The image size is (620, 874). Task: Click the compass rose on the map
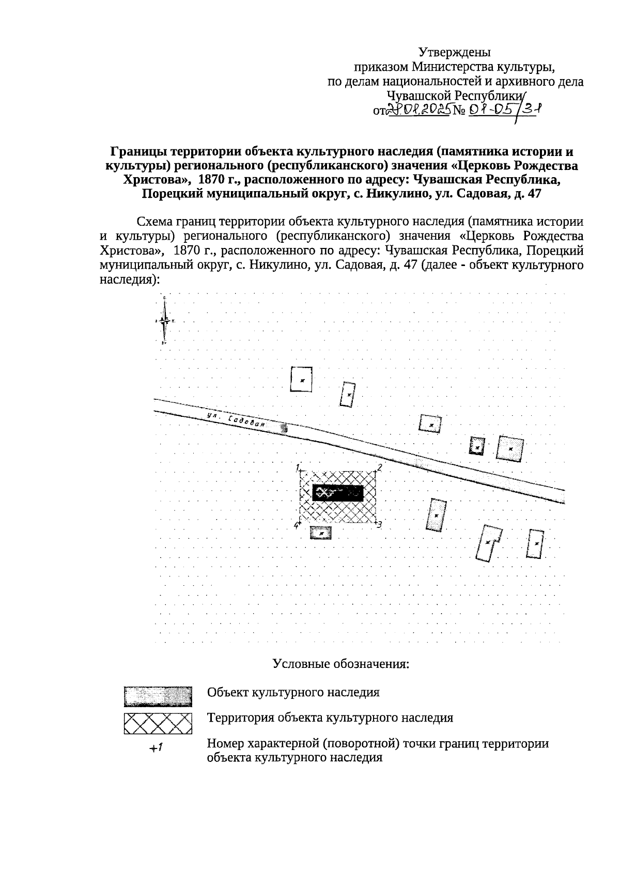tap(164, 320)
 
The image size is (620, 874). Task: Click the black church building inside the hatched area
tap(338, 493)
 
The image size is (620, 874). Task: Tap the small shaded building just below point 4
tap(320, 532)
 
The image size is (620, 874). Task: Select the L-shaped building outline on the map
tap(489, 542)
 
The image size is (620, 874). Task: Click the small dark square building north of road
tap(477, 446)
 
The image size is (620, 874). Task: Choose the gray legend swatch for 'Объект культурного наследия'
tap(158, 696)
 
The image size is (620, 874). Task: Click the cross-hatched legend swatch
tap(158, 723)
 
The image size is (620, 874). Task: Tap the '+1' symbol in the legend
tap(156, 747)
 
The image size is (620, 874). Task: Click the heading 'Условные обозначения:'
tap(341, 664)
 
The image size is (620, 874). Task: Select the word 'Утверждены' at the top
tap(454, 52)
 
